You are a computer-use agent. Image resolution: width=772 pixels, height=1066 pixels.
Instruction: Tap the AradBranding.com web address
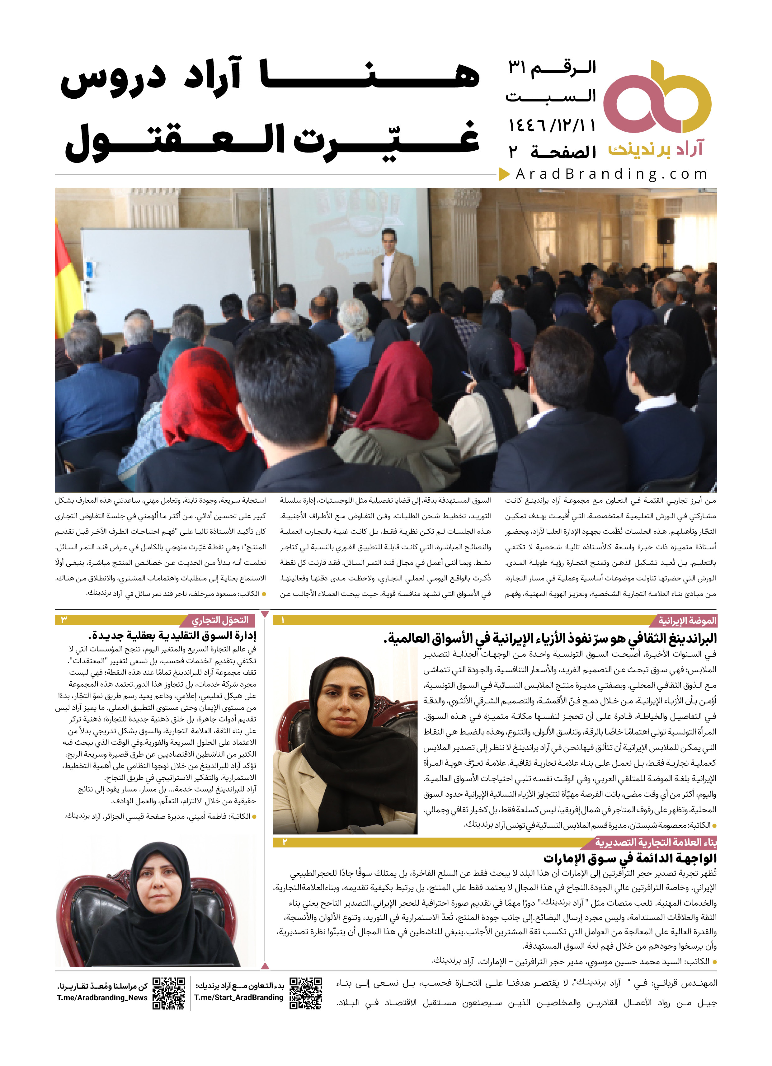point(611,174)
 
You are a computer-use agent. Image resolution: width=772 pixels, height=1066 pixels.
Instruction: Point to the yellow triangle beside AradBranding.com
point(504,174)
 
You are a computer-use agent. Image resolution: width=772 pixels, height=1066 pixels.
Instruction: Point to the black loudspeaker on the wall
point(665,232)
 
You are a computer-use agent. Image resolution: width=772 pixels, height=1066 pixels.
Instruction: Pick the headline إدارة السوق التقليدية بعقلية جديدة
point(172,636)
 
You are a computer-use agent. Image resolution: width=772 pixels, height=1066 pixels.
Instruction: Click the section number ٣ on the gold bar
point(64,620)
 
